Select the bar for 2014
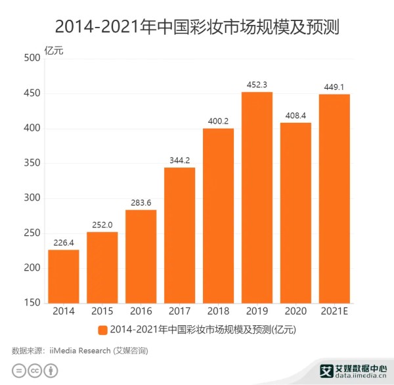click(63, 277)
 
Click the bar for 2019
click(257, 198)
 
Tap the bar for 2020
click(295, 213)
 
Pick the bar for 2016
click(141, 257)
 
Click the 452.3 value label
click(257, 85)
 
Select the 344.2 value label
click(179, 160)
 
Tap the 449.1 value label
click(334, 87)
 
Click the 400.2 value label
click(218, 121)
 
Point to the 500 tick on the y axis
click(32, 58)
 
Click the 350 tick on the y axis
click(32, 163)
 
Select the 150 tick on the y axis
click(32, 303)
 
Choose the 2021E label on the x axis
click(334, 312)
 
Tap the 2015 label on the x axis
click(102, 312)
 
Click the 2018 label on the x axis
click(218, 312)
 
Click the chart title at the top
click(196, 27)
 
